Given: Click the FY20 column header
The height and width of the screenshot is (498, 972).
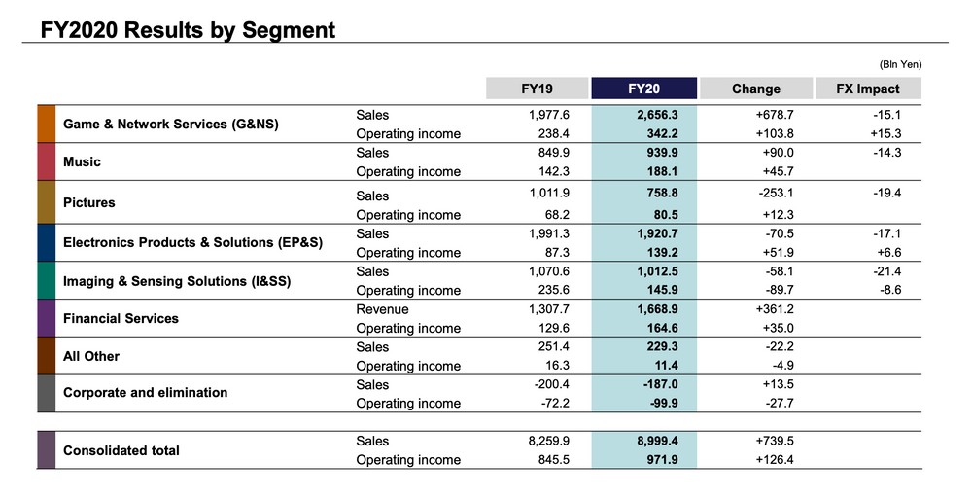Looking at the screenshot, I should click(643, 89).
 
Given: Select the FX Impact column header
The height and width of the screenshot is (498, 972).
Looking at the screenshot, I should click(868, 89).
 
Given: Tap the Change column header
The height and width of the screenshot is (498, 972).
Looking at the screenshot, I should click(755, 89).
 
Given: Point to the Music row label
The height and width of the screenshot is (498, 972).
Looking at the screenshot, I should click(82, 162).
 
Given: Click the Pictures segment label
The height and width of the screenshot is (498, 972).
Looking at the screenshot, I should click(89, 202).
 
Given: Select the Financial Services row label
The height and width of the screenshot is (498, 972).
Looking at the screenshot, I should click(121, 318).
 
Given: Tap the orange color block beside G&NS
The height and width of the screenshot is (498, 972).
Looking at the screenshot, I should click(46, 124).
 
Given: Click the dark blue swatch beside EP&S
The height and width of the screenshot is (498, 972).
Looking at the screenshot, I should click(46, 243).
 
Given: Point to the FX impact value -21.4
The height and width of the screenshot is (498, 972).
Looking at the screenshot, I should click(887, 271).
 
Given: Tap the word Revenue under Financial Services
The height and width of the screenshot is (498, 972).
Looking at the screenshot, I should click(382, 309).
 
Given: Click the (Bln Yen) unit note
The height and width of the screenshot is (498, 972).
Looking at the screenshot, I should click(899, 64).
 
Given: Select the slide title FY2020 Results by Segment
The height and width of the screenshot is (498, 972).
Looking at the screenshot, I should click(188, 30).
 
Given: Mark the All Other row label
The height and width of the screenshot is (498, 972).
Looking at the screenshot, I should click(91, 356).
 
